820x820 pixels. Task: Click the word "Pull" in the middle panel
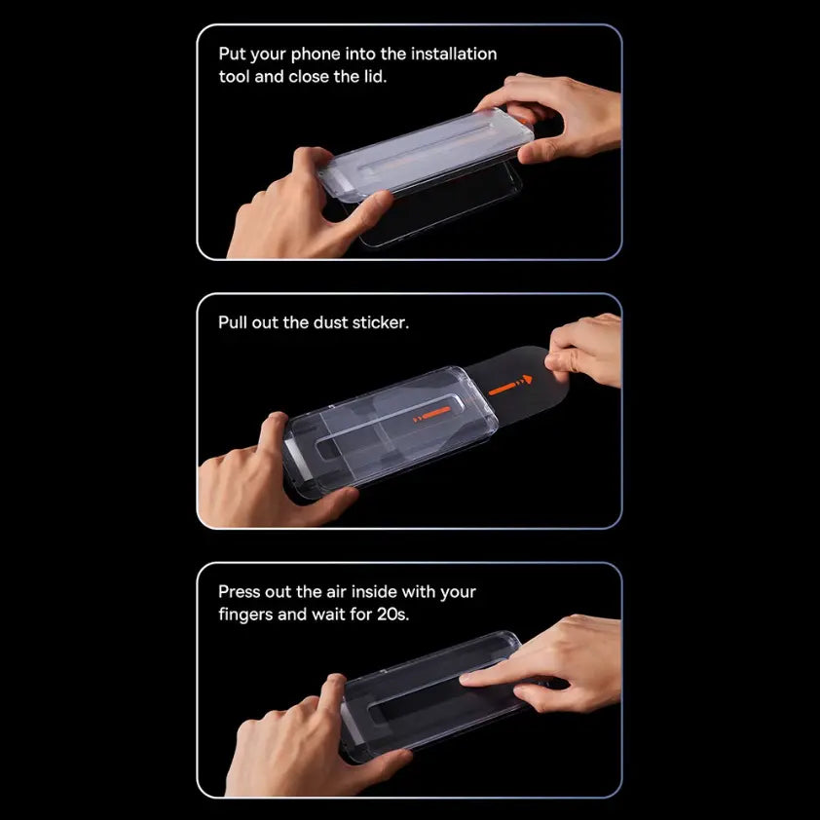pyautogui.click(x=233, y=321)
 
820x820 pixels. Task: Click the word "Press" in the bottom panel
pyautogui.click(x=241, y=591)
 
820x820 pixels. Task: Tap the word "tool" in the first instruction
pyautogui.click(x=235, y=76)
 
